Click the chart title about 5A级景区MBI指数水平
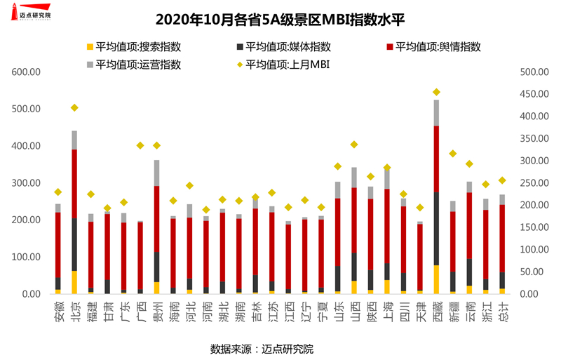pyautogui.click(x=280, y=18)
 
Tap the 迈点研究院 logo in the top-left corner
pyautogui.click(x=32, y=13)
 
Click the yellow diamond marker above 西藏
pyautogui.click(x=436, y=92)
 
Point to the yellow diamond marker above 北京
pyautogui.click(x=74, y=107)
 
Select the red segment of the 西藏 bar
pyautogui.click(x=436, y=159)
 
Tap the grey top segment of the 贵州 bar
pyautogui.click(x=157, y=173)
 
